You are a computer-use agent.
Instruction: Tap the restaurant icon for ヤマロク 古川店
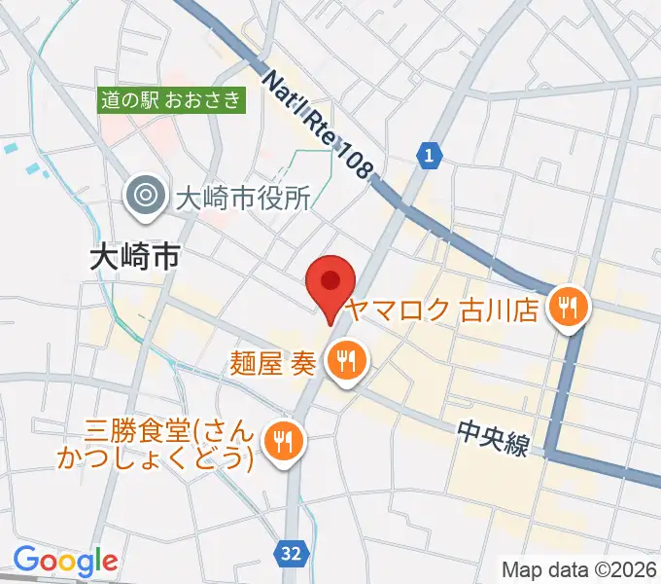pyautogui.click(x=566, y=310)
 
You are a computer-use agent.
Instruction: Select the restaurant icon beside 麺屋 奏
pyautogui.click(x=344, y=362)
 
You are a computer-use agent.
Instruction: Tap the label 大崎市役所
pyautogui.click(x=242, y=198)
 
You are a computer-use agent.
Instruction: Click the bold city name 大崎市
pyautogui.click(x=134, y=256)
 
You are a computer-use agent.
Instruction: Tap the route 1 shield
pyautogui.click(x=429, y=153)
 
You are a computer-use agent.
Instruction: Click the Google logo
pyautogui.click(x=65, y=561)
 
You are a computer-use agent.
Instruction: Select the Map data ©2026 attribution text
pyautogui.click(x=578, y=568)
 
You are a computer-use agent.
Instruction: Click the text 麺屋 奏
pyautogui.click(x=272, y=362)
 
